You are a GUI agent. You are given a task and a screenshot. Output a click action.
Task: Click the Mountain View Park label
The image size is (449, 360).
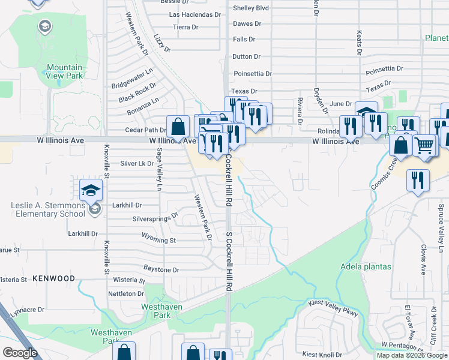tap(64, 72)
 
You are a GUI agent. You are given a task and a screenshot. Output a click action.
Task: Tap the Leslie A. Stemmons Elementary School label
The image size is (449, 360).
tap(47, 209)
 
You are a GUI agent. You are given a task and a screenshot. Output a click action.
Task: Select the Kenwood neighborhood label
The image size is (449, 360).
tap(54, 278)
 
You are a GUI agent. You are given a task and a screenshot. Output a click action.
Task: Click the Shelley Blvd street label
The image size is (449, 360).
tap(251, 8)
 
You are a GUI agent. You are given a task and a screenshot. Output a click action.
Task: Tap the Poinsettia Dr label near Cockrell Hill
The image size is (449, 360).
tap(252, 74)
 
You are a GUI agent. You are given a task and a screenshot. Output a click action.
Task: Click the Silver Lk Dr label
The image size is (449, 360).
tap(137, 163)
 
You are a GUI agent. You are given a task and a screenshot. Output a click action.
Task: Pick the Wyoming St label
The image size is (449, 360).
tap(158, 240)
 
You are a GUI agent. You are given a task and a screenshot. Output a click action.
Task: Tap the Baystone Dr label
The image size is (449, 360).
tap(161, 270)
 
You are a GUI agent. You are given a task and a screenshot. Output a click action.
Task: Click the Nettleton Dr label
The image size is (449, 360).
tap(125, 293)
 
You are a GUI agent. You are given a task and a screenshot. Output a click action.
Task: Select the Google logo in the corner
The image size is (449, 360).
tap(19, 353)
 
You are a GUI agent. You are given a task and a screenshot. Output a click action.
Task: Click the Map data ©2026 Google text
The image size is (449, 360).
tap(412, 355)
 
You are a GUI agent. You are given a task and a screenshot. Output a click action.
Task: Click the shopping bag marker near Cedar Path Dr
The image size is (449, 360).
tap(178, 127)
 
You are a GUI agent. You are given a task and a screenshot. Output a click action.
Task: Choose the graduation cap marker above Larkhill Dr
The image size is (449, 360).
tap(91, 189)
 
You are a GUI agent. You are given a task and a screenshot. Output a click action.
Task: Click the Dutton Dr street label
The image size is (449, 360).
tap(246, 56)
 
